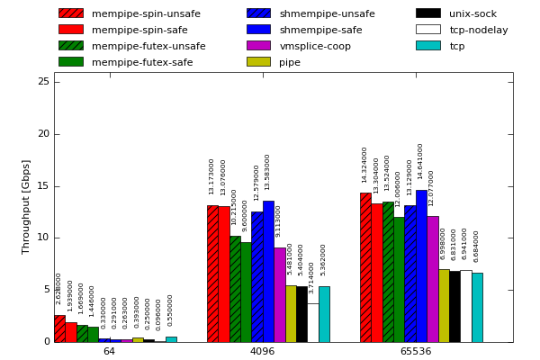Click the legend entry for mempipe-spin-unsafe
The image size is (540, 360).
pos(130,13)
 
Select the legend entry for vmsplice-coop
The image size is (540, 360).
pos(315,46)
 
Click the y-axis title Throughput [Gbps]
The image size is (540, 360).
pos(26,206)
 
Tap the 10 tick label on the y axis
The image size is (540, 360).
pos(43,238)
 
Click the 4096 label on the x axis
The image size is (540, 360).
pos(262,351)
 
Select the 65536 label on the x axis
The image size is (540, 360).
pos(416,351)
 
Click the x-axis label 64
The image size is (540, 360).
pos(109,351)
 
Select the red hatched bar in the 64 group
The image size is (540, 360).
pos(59,328)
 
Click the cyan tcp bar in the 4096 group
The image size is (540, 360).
pos(324,314)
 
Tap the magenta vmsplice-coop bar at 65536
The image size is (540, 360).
pos(433,279)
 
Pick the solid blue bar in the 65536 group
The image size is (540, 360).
pos(421,266)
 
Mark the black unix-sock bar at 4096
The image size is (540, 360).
pos(301,314)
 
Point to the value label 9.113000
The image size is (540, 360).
pos(279,221)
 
